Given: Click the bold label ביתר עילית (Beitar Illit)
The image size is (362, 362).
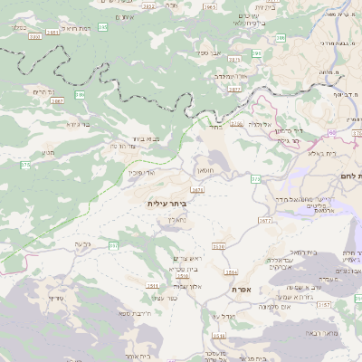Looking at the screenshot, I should click(x=166, y=205).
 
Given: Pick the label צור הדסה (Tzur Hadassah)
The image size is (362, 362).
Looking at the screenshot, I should click(x=122, y=145).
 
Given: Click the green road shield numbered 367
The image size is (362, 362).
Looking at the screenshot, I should click(x=114, y=245).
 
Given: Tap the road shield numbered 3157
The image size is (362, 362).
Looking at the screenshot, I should click(x=348, y=305).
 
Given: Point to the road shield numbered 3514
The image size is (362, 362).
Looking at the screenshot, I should click(x=231, y=271).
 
